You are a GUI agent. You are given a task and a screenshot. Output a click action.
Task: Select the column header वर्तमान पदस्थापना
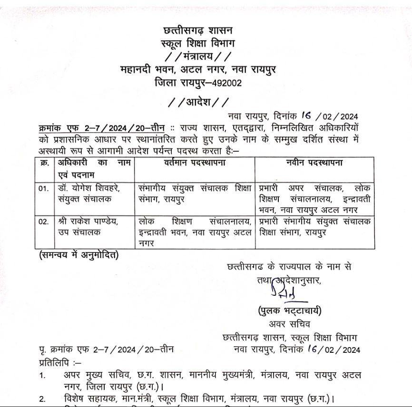tap(194, 163)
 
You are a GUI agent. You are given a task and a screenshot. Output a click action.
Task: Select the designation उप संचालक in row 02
tap(73, 233)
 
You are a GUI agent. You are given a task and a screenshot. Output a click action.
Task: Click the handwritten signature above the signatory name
tap(281, 292)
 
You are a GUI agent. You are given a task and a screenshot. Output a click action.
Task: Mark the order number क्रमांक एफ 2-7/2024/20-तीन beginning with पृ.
tap(107, 350)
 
